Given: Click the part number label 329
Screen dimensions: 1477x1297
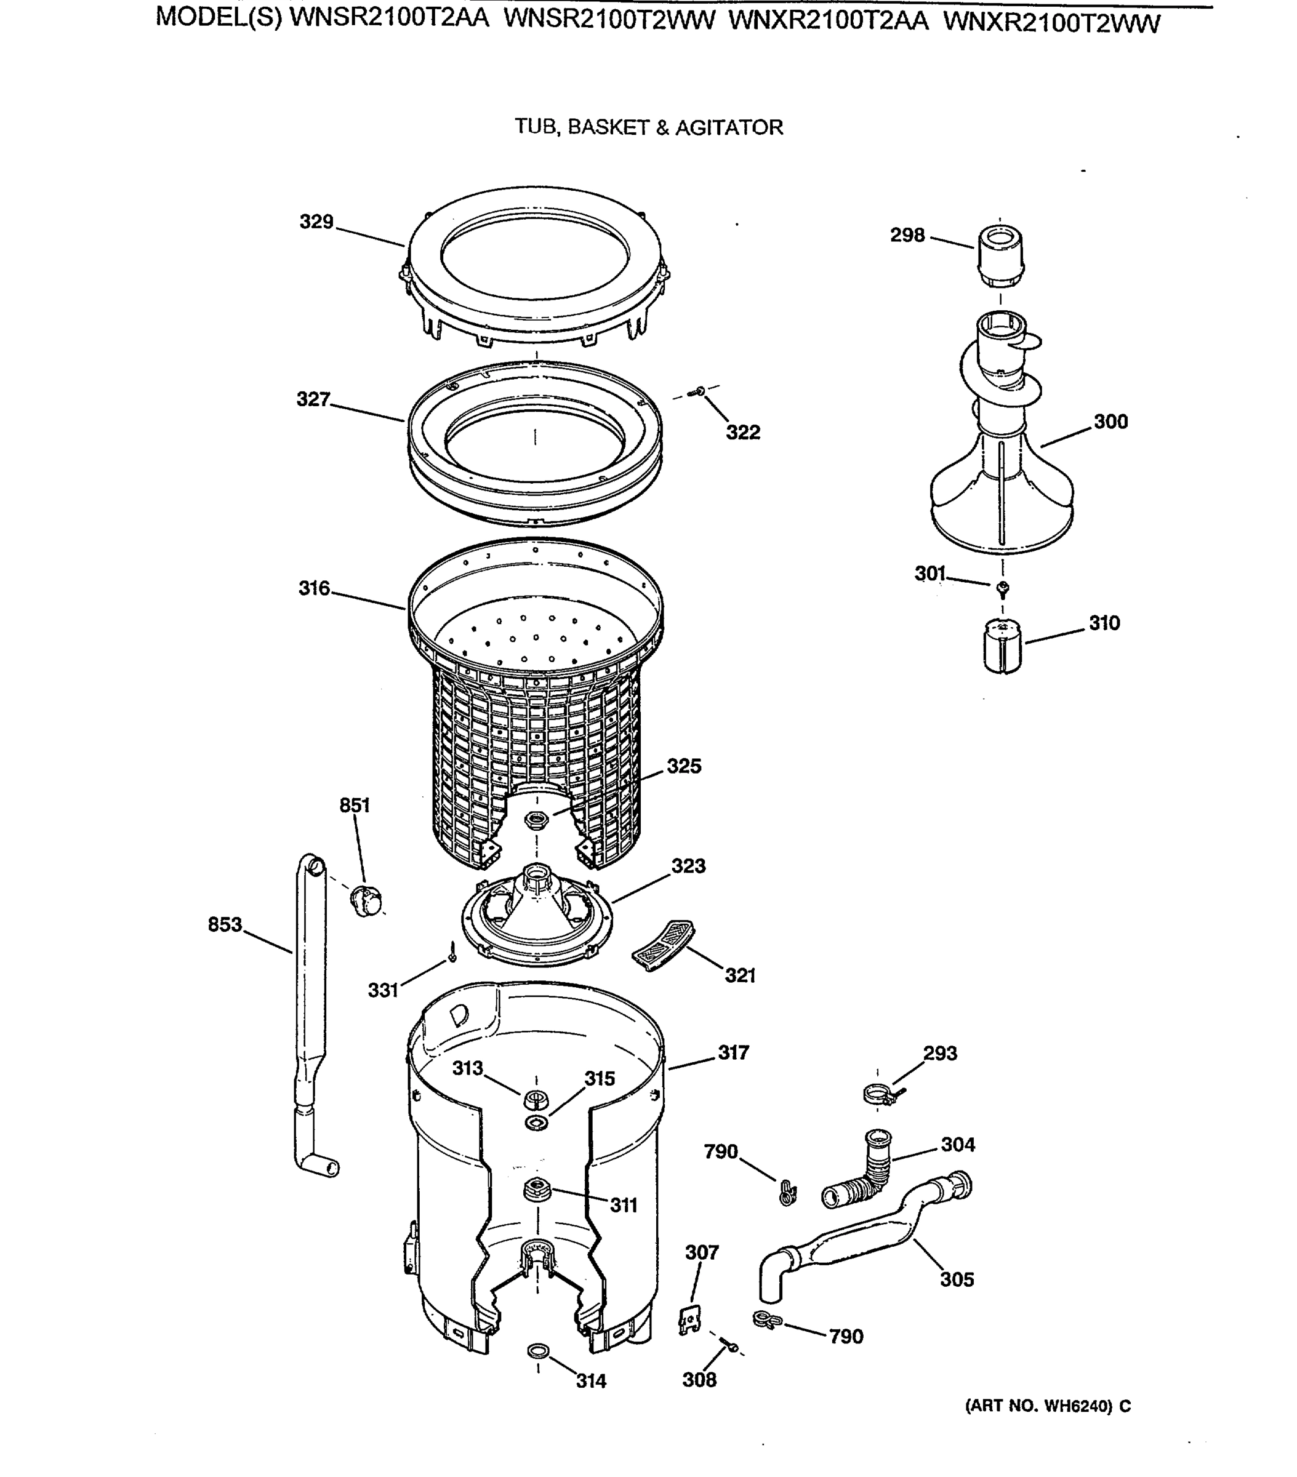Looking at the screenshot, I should tap(316, 222).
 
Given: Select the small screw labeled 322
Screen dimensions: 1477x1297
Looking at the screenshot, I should tap(699, 391).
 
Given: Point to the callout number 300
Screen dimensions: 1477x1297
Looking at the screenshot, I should tap(1110, 422).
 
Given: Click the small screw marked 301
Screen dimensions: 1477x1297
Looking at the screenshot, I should tap(1002, 588).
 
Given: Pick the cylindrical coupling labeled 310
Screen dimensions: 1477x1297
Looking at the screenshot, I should tap(1002, 647).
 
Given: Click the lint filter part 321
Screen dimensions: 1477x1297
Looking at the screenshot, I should tap(662, 945).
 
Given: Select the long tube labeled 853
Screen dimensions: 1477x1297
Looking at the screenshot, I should tap(310, 1012).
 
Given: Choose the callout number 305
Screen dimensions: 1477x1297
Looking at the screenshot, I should tap(957, 1279).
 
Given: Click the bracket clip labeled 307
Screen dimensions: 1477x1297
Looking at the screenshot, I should tap(689, 1321).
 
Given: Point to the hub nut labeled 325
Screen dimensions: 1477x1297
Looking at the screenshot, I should tap(536, 820).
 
